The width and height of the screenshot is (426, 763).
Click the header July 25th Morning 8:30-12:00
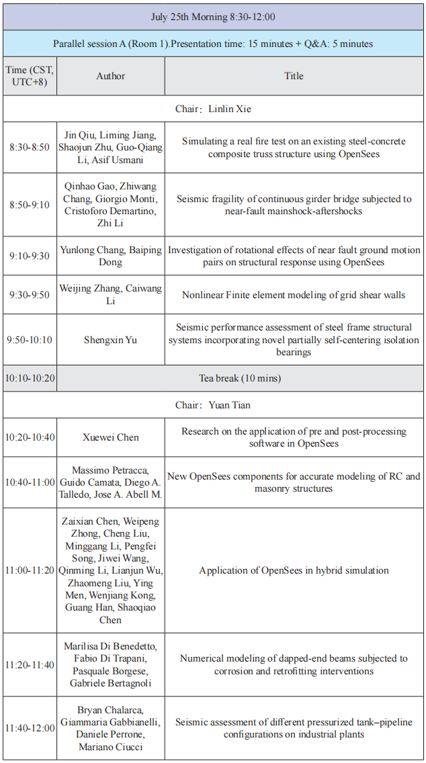click(x=213, y=17)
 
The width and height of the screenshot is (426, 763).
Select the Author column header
click(x=110, y=76)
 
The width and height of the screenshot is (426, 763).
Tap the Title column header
click(x=294, y=76)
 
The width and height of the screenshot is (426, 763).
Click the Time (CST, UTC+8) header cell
click(x=30, y=76)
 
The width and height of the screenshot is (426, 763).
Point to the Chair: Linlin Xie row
click(x=213, y=109)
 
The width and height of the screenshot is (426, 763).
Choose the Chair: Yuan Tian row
click(x=213, y=405)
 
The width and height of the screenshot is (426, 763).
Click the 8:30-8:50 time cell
click(x=30, y=147)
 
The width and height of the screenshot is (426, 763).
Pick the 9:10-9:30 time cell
click(x=30, y=256)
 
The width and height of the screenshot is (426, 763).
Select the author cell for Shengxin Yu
click(x=110, y=340)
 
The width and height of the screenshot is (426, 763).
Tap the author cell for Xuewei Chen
click(x=110, y=437)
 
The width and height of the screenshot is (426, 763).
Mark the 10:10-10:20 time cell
click(x=30, y=378)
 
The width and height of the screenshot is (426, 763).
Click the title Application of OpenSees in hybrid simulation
click(x=294, y=570)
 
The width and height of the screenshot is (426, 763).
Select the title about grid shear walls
click(x=294, y=295)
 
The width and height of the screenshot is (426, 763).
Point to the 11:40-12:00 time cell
click(x=30, y=728)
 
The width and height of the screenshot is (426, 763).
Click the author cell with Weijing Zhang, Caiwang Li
click(x=110, y=295)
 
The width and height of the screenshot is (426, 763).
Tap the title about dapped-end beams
click(x=294, y=665)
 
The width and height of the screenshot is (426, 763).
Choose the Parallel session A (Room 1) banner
click(x=213, y=44)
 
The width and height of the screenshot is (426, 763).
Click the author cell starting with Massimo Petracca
click(x=110, y=482)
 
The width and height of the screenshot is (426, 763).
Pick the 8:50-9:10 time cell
click(x=30, y=205)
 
